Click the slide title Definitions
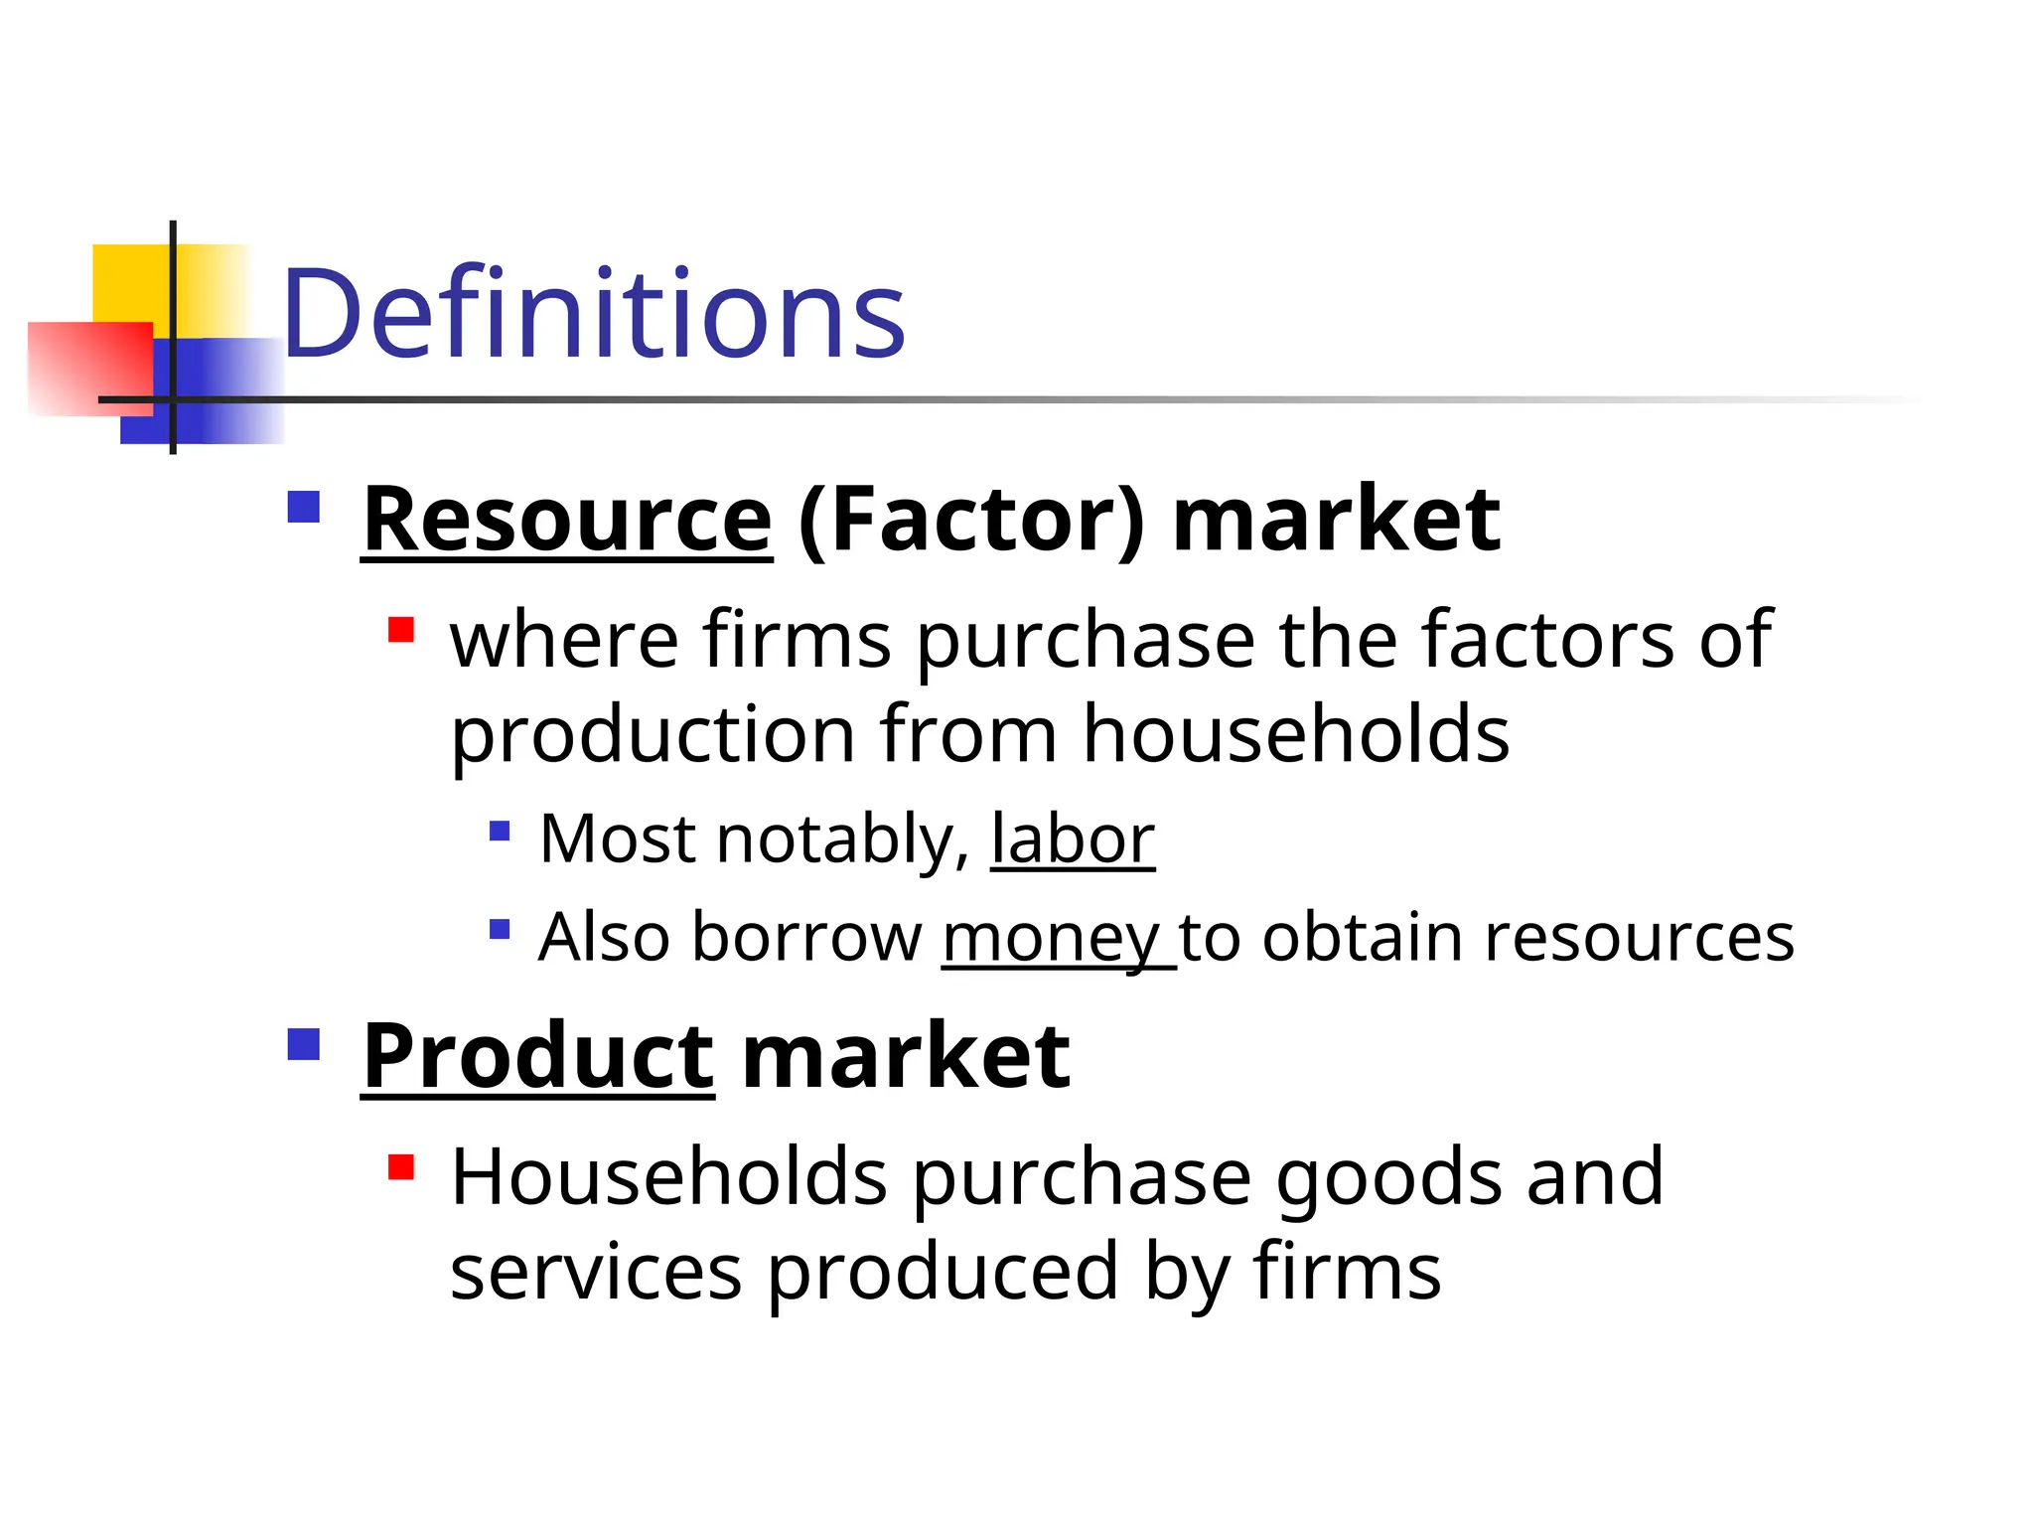click(594, 314)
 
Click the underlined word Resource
click(567, 520)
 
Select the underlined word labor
click(1073, 839)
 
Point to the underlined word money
click(1051, 938)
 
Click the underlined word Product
click(537, 1056)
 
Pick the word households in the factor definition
click(1296, 734)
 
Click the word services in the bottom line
click(596, 1272)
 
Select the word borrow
click(806, 938)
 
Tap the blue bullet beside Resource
click(304, 507)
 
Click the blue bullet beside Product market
click(304, 1044)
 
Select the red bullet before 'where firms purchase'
click(401, 630)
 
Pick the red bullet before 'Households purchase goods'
click(401, 1166)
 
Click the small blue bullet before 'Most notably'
click(500, 830)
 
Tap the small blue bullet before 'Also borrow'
click(500, 929)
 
